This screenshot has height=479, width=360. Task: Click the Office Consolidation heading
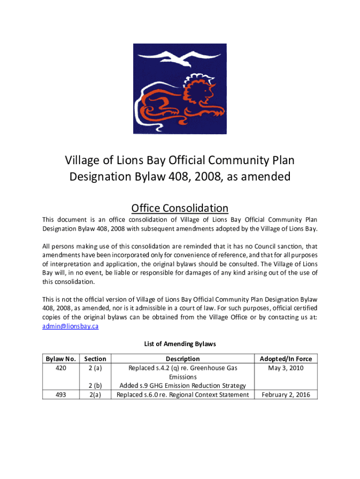click(180, 208)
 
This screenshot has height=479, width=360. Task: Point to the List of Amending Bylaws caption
click(180, 344)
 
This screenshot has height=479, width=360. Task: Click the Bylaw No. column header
click(60, 359)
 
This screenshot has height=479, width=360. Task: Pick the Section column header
click(95, 359)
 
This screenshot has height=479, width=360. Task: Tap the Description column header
click(183, 359)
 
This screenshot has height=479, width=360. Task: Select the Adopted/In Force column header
click(286, 359)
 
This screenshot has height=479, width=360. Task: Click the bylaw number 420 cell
click(60, 368)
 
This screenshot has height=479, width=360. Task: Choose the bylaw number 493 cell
click(60, 395)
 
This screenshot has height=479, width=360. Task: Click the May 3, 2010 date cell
click(286, 368)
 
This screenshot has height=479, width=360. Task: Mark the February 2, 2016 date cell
click(286, 395)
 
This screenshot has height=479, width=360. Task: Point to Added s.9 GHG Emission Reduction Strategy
click(183, 386)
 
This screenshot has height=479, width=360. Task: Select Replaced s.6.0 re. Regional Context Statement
click(183, 395)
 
